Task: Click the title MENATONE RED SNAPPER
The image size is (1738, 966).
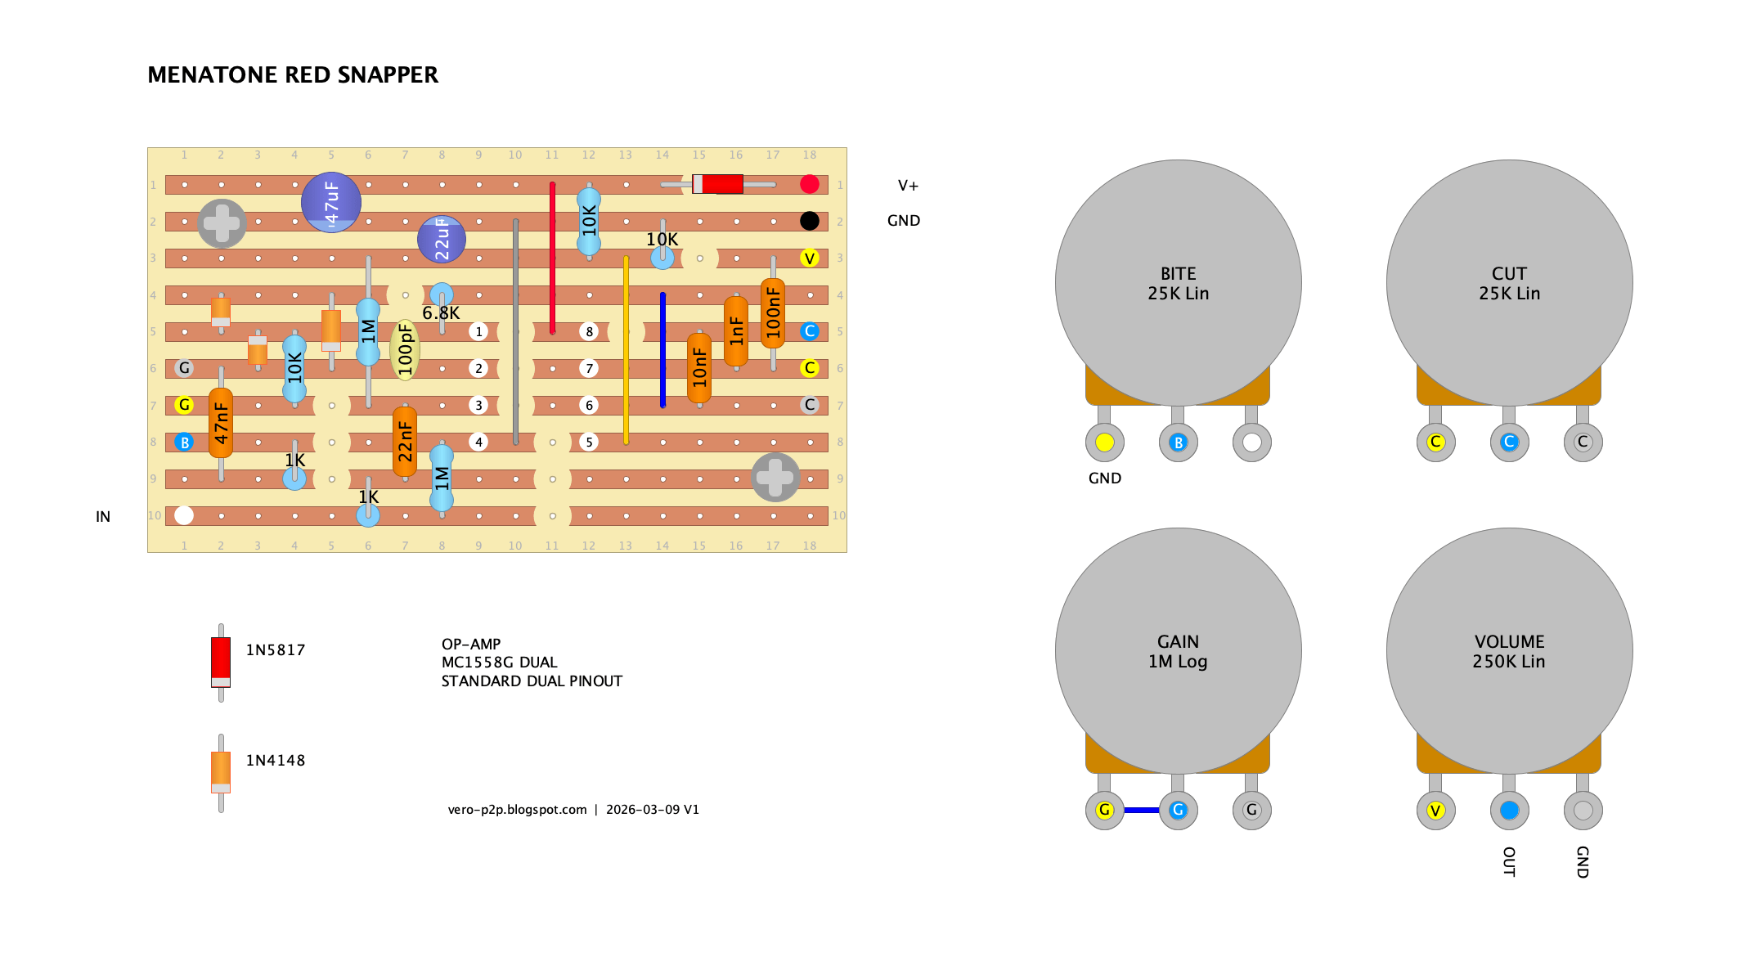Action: coord(293,75)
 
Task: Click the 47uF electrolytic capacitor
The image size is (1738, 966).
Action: coord(331,203)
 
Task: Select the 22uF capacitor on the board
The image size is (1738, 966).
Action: coord(442,239)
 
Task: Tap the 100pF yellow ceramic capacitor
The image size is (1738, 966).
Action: coord(405,350)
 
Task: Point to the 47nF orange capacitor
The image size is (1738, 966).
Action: coord(221,423)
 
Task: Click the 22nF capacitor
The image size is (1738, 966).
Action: coord(405,442)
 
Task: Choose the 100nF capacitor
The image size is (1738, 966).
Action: coord(773,313)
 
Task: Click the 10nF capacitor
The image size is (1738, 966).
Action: coord(699,368)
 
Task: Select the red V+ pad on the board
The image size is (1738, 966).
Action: coord(810,184)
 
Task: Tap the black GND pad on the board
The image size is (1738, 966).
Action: coord(810,221)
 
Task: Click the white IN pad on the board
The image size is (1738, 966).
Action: coord(184,515)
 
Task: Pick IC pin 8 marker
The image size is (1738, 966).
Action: coord(589,331)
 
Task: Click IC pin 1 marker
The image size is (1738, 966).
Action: coord(478,331)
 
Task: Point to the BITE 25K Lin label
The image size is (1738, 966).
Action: coord(1178,284)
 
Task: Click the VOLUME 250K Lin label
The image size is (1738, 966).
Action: coord(1509,652)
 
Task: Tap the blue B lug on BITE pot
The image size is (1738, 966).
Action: coord(1178,443)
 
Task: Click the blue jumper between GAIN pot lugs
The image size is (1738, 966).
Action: coord(1141,810)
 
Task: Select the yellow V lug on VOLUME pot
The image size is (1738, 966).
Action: coord(1435,811)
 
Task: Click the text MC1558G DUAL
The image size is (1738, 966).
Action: coord(499,663)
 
